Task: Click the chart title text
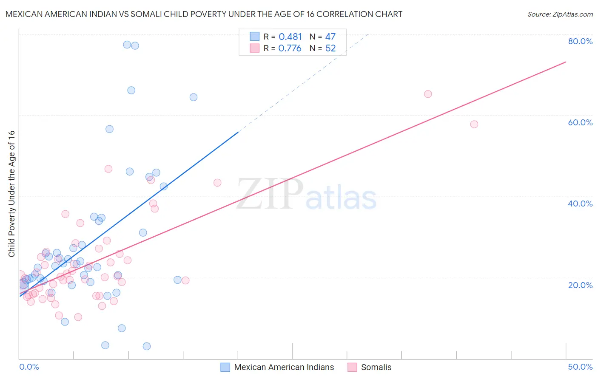[204, 14]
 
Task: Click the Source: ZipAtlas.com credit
[560, 14]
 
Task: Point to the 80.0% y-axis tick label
[580, 41]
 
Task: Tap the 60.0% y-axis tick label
[580, 122]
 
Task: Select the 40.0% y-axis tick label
[580, 204]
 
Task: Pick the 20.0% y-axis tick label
[580, 285]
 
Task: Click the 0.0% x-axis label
[29, 367]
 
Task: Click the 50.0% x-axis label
[580, 367]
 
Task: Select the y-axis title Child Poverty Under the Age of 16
[12, 194]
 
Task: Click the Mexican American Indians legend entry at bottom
[284, 367]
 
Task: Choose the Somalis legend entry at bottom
[376, 367]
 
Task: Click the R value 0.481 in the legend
[290, 37]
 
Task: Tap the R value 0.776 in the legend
[290, 48]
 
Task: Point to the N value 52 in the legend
[330, 48]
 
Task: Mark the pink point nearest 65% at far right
[428, 94]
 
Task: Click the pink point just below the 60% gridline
[474, 124]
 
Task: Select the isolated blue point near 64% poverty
[194, 97]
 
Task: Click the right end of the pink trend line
[566, 62]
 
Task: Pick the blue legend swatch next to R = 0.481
[255, 37]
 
